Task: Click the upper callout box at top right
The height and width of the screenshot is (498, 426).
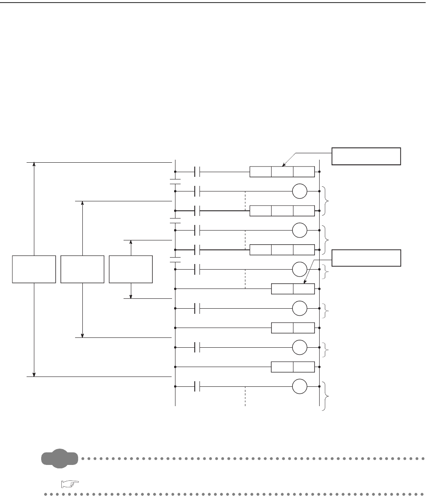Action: click(x=366, y=156)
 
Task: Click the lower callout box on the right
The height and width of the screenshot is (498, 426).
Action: click(x=366, y=258)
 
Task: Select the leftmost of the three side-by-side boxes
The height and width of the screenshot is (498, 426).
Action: click(x=34, y=269)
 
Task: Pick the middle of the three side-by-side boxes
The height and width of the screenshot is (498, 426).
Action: click(x=82, y=269)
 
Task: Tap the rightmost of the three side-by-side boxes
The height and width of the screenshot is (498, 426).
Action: click(x=131, y=269)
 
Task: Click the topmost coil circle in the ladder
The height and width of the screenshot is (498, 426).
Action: click(x=300, y=191)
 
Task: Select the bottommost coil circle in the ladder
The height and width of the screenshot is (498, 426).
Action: click(x=300, y=387)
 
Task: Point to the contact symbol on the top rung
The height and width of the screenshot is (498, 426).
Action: click(x=197, y=172)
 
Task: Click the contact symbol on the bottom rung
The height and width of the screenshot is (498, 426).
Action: click(x=197, y=387)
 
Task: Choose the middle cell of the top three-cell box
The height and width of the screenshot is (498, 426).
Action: click(x=282, y=172)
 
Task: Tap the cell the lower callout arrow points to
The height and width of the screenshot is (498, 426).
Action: click(x=304, y=289)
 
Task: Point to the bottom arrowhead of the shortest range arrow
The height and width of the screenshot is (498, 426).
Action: click(x=131, y=295)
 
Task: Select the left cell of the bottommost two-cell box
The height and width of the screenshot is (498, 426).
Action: click(x=282, y=367)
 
